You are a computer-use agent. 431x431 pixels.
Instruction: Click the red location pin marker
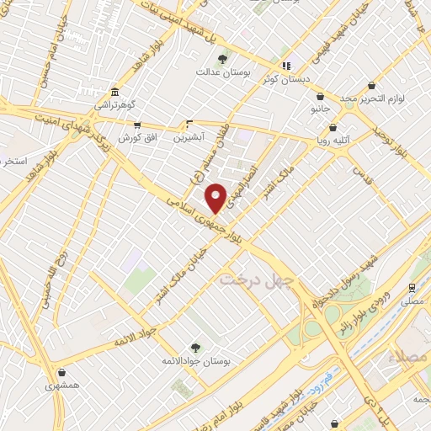point(216,197)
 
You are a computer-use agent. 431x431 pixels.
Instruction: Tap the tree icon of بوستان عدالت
point(222,59)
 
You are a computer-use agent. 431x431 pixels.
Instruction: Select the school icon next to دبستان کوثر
point(286,66)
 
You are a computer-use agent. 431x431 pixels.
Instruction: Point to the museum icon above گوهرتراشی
point(114,92)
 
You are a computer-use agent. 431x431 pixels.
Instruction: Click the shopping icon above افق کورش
point(137,125)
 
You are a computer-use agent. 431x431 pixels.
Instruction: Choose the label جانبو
point(319,110)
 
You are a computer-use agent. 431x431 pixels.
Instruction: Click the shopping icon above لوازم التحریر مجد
point(372,85)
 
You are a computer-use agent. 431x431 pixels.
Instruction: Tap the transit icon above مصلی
point(412,286)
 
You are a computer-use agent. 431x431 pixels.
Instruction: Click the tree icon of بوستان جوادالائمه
point(195,346)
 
